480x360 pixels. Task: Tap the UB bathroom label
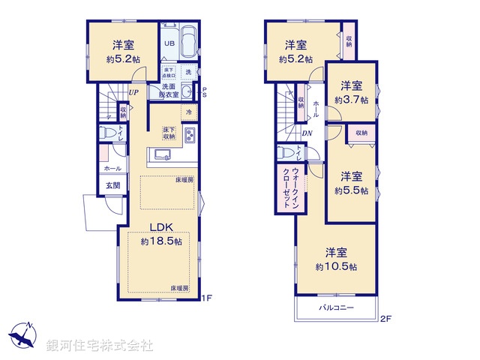(x=170, y=43)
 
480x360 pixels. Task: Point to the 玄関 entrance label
(x=112, y=185)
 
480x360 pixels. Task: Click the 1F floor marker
(x=208, y=298)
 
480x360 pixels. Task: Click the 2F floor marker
(x=385, y=319)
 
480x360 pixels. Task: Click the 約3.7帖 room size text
(x=351, y=99)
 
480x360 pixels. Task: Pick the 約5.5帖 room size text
(x=351, y=190)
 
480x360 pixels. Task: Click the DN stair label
(x=307, y=134)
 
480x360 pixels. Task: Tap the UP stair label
(x=132, y=92)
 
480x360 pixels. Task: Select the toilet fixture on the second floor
(x=283, y=152)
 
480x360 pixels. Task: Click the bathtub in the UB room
(x=188, y=41)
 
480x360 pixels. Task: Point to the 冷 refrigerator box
(x=187, y=112)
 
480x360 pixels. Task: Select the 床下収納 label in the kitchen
(x=169, y=133)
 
